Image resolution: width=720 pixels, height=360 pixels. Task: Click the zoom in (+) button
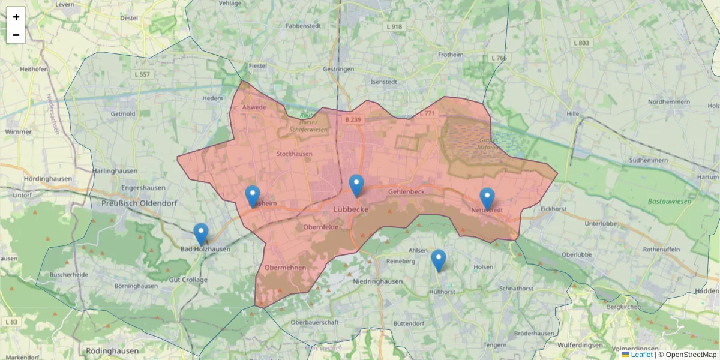pos(16,16)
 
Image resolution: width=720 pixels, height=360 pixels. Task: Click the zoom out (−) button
pos(16,35)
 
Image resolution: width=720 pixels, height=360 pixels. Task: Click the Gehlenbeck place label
pos(406,191)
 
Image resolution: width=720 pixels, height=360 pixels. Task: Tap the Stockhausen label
pos(294,154)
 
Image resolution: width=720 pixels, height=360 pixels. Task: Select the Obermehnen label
pos(286,268)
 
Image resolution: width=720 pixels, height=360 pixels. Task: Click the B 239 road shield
pos(353,119)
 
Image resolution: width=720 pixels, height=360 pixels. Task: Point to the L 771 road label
pos(427,113)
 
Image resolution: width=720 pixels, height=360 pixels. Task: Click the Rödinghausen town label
pos(112,350)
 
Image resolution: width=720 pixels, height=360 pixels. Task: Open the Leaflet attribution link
pos(641,355)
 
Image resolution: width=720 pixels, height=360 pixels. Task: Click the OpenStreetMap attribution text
pos(691,355)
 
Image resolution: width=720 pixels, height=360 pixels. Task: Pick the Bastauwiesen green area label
pos(669,201)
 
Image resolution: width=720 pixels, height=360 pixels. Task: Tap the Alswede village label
pos(254,107)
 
